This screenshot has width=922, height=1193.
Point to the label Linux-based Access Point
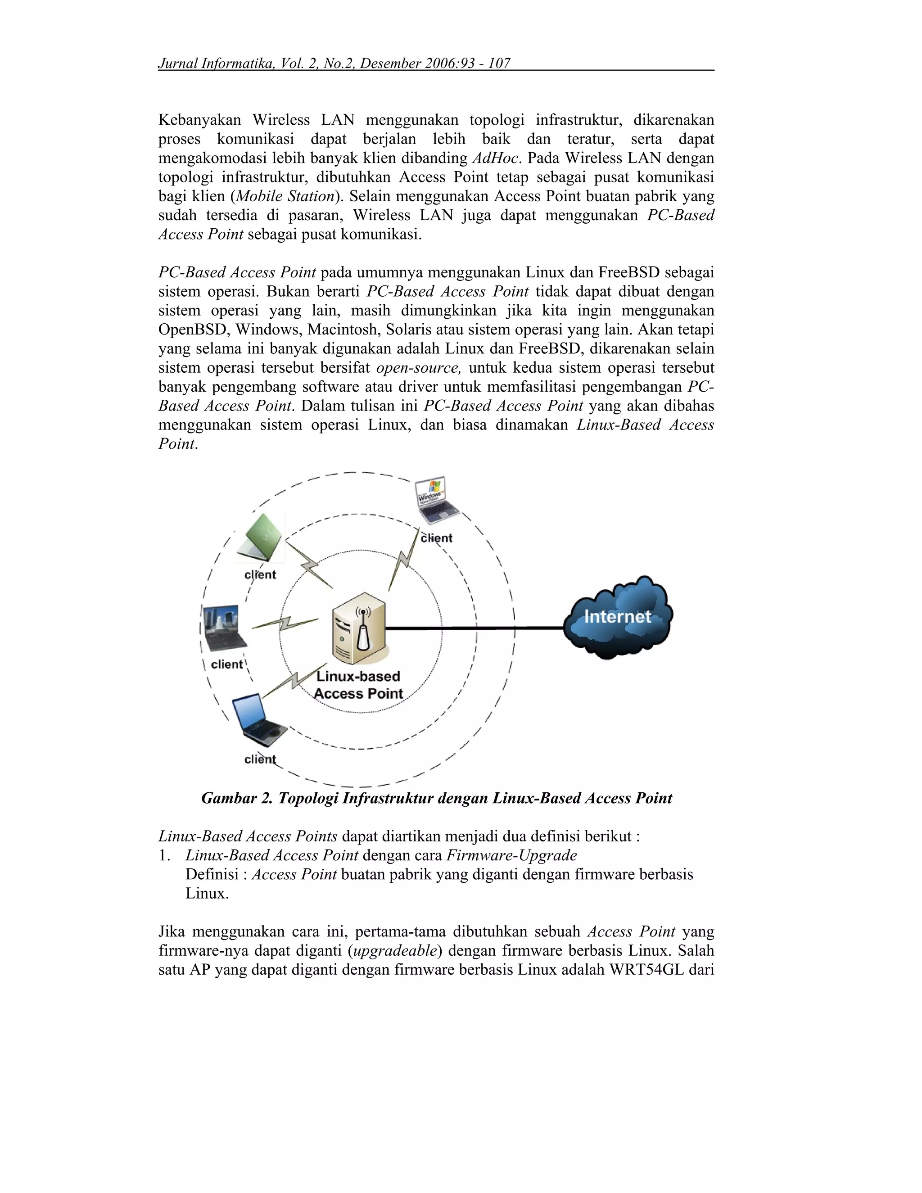[358, 685]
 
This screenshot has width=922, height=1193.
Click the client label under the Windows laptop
[436, 538]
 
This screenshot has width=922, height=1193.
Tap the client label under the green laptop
[260, 574]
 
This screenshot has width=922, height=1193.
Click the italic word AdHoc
[494, 158]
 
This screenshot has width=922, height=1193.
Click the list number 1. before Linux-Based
[164, 855]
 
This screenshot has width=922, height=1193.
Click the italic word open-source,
[418, 368]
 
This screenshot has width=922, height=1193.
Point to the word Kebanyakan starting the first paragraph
[199, 120]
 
